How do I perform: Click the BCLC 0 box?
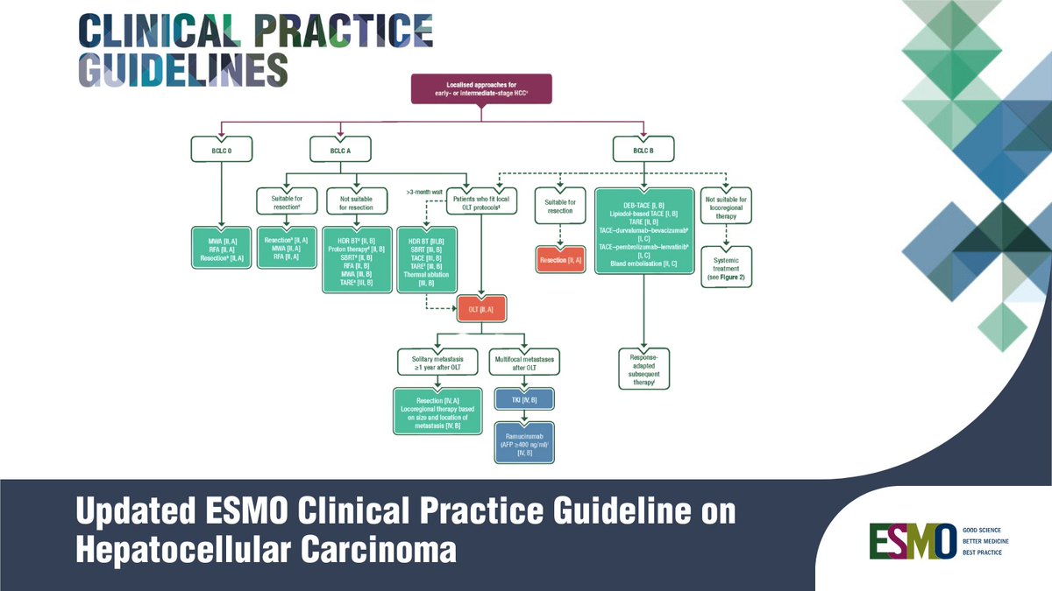tap(220, 151)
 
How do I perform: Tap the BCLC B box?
tap(643, 151)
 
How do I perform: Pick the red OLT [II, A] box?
tap(481, 308)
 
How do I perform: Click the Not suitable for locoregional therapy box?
tap(726, 204)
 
